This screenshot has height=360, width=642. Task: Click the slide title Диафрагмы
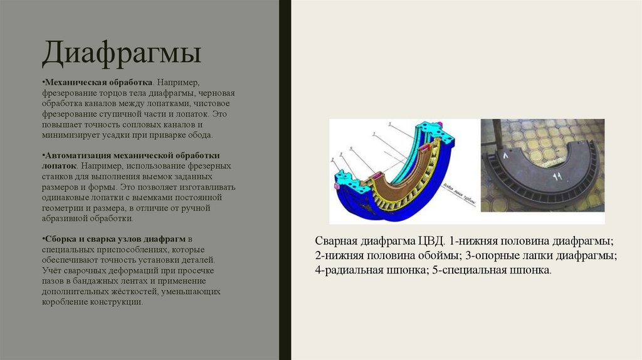click(122, 54)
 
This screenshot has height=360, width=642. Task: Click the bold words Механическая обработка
click(98, 82)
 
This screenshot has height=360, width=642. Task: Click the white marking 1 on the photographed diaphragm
click(503, 153)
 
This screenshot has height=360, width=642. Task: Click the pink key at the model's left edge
click(337, 186)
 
